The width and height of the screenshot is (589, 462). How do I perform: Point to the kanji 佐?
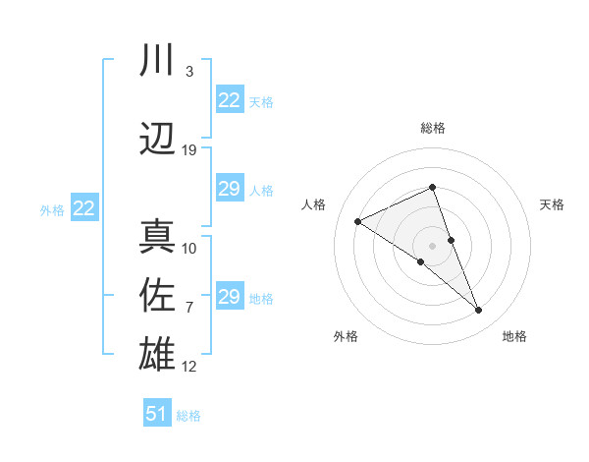[x=157, y=295]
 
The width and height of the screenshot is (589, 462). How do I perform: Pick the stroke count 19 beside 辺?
[x=189, y=150]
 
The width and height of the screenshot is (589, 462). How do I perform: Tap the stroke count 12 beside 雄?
[x=189, y=367]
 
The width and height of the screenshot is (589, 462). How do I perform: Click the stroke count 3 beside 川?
[x=188, y=72]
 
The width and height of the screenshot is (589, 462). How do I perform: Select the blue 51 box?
[x=157, y=414]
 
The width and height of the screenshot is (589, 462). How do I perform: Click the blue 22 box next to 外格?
[x=84, y=208]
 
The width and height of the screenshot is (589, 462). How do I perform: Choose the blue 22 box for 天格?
[x=230, y=100]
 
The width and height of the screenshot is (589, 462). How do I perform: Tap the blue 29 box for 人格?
[x=230, y=189]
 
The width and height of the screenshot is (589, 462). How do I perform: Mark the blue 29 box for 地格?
[x=230, y=297]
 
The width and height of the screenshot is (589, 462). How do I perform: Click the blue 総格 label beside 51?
[x=188, y=416]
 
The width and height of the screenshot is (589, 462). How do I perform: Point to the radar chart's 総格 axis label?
[x=432, y=128]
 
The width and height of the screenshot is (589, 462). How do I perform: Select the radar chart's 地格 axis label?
[x=514, y=336]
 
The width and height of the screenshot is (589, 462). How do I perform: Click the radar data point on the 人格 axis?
[x=358, y=221]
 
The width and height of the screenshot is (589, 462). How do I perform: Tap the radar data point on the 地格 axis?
[x=479, y=311]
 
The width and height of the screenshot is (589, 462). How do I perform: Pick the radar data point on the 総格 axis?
[x=432, y=188]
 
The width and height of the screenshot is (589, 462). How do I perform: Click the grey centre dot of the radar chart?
[x=432, y=245]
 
